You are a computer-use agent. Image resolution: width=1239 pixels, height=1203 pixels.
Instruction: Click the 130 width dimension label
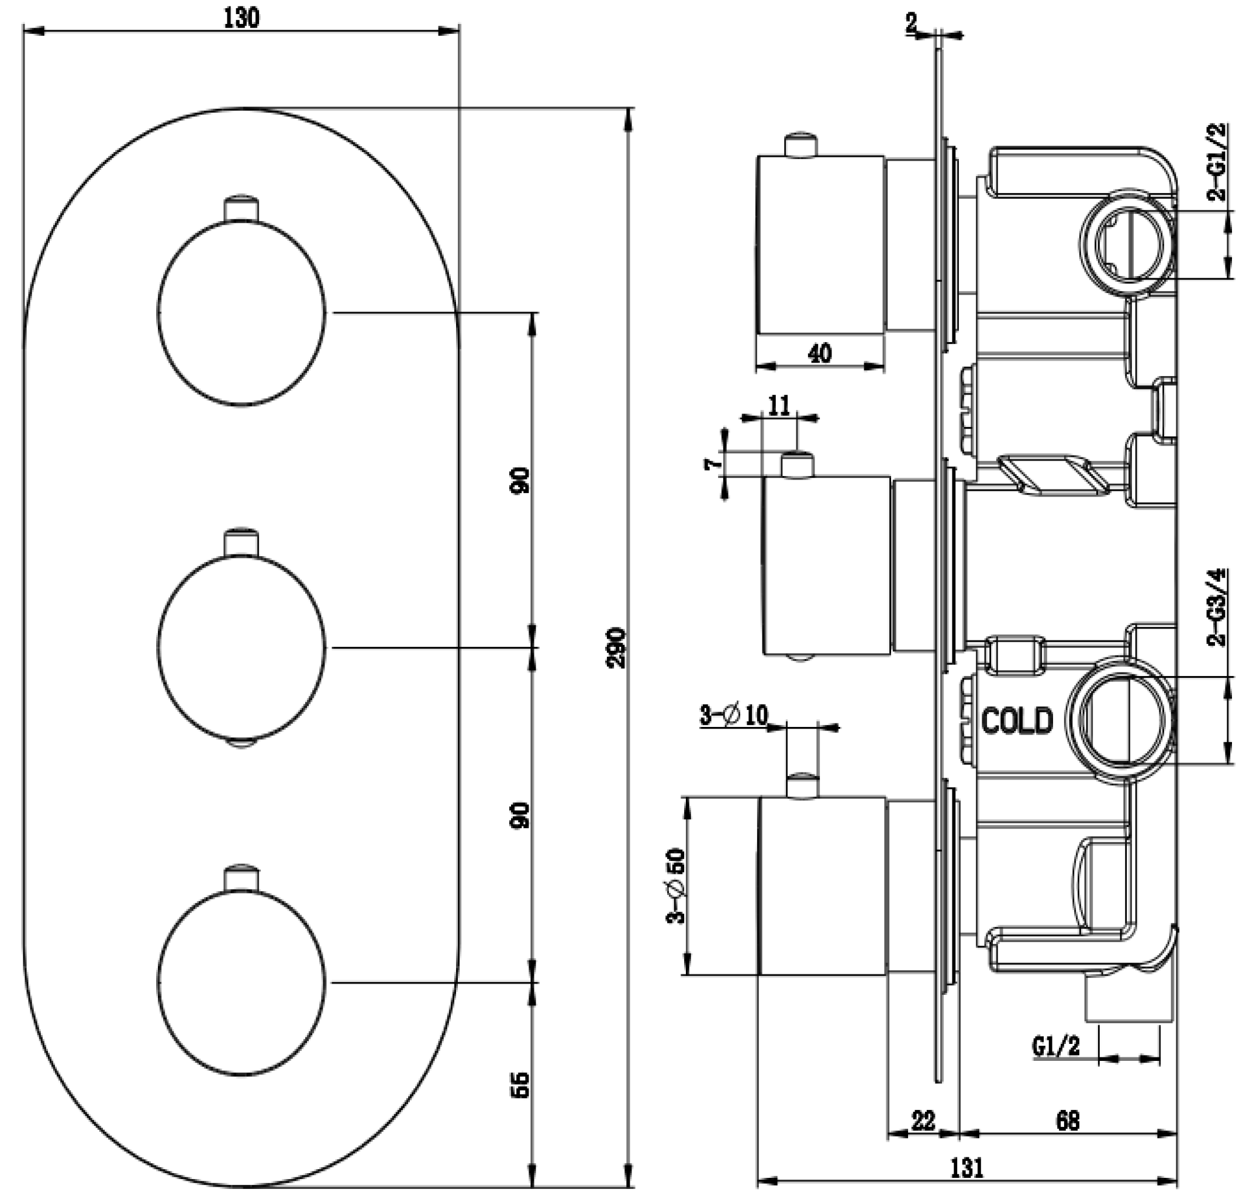(x=241, y=18)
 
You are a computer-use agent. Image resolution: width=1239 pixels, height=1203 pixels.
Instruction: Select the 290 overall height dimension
(x=616, y=647)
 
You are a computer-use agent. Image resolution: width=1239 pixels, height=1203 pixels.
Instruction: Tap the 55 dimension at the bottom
(x=520, y=1084)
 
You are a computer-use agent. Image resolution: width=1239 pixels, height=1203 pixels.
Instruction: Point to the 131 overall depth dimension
(x=967, y=1167)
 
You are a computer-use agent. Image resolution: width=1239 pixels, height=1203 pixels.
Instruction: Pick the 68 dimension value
(x=1068, y=1120)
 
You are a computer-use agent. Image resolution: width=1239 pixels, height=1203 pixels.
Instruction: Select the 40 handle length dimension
(x=820, y=353)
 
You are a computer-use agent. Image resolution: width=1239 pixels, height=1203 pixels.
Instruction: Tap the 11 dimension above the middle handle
(x=779, y=406)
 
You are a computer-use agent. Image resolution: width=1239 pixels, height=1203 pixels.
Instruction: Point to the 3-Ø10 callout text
(x=733, y=716)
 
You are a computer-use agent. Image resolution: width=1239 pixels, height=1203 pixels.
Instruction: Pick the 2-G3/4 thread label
(x=1217, y=607)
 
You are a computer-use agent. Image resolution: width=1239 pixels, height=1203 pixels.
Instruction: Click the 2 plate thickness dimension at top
(x=911, y=24)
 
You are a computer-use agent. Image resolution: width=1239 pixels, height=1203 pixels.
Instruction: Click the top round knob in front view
(x=241, y=313)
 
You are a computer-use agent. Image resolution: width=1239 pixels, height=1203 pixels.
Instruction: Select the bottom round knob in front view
(x=241, y=983)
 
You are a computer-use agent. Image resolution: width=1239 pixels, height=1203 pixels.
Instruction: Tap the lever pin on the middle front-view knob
(x=241, y=542)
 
